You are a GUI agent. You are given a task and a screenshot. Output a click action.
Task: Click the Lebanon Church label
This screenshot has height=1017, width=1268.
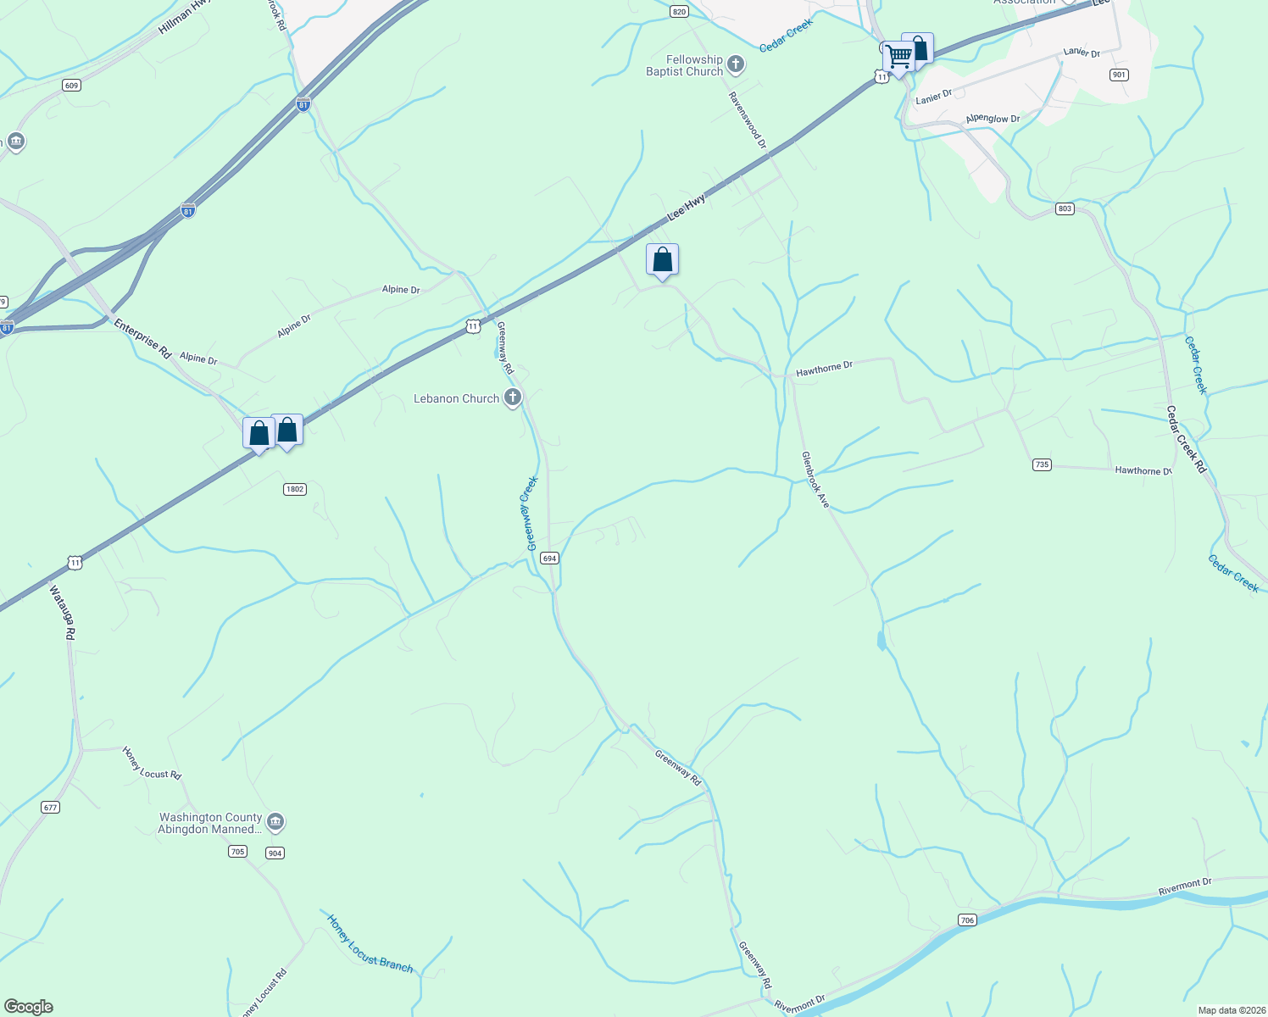456,398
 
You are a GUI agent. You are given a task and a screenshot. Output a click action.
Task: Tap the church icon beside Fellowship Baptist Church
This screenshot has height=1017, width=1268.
736,64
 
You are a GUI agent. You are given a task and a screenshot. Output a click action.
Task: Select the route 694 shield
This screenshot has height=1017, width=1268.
549,559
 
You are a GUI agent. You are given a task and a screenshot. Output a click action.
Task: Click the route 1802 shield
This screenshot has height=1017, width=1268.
294,489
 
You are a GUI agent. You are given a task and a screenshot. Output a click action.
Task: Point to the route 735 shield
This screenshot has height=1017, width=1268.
1042,464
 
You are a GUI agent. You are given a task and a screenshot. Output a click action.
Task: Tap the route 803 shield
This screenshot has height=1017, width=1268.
1065,208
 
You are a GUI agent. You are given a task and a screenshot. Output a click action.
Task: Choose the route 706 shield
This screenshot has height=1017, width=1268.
967,920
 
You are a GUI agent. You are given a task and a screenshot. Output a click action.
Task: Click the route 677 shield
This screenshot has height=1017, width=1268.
50,808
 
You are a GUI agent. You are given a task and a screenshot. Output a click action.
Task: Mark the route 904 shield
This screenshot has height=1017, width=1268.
274,853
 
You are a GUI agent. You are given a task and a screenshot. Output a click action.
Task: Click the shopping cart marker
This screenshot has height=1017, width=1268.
897,58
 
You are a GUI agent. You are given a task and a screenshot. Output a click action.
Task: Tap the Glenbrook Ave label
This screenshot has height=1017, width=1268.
815,480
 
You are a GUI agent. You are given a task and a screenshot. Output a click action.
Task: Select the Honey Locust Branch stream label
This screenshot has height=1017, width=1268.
370,944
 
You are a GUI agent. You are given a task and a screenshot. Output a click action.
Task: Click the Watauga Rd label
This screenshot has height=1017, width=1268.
63,612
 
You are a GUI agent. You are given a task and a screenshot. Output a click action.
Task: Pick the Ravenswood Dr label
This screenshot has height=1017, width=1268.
748,120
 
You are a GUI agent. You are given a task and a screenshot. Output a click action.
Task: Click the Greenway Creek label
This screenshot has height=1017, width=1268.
531,514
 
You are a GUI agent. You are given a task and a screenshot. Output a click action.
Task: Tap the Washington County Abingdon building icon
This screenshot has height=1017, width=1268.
275,822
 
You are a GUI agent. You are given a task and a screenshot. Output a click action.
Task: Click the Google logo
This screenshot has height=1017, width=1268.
29,1007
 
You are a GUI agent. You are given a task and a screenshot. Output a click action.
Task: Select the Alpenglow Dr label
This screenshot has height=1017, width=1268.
993,119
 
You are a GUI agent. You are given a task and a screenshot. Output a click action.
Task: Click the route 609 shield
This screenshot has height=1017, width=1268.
71,86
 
